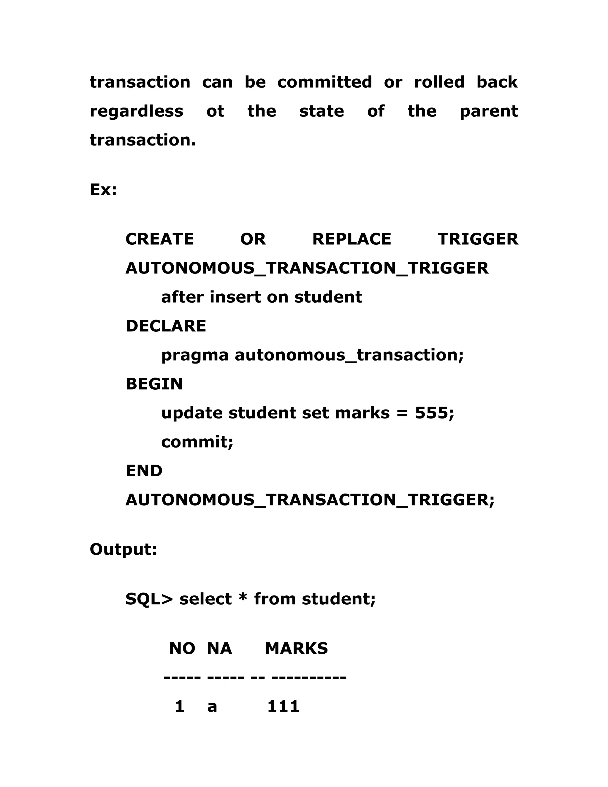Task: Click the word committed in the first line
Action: [x=324, y=82]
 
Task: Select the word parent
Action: [x=489, y=112]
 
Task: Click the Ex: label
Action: [x=103, y=189]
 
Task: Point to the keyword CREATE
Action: [x=159, y=239]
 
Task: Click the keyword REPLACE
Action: [x=351, y=239]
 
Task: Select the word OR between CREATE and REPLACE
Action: [x=253, y=239]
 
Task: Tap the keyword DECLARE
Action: [x=166, y=326]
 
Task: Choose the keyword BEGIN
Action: [x=154, y=384]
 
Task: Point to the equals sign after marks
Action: [x=402, y=414]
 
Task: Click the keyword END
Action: [x=144, y=471]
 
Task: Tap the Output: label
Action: [x=123, y=550]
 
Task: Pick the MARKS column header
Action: [x=297, y=649]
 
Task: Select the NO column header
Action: [x=182, y=649]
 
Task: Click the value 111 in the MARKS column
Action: [x=283, y=707]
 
